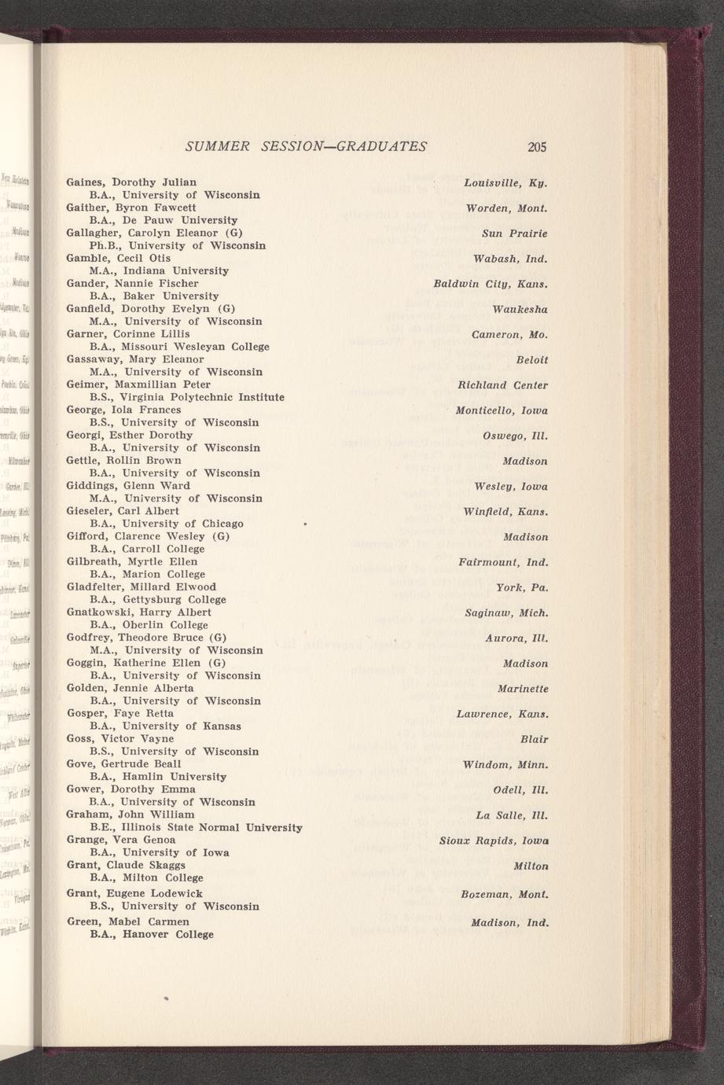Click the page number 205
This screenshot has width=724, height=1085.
click(x=537, y=146)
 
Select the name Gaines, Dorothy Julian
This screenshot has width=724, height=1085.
click(x=131, y=182)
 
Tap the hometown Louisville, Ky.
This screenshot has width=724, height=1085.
click(x=505, y=183)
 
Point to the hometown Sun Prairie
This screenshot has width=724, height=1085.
click(x=515, y=234)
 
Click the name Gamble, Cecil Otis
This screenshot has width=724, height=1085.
click(x=118, y=258)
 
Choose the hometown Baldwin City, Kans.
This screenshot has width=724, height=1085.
click(x=491, y=284)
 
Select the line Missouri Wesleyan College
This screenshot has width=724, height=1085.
click(x=180, y=347)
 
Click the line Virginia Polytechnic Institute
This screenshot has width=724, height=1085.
click(x=187, y=397)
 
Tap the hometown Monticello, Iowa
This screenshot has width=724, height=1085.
click(x=502, y=410)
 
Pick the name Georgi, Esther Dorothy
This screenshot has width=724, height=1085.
click(x=130, y=435)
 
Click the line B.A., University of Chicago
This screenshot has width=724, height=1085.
click(x=167, y=524)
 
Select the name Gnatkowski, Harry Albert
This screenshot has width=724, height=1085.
click(x=139, y=612)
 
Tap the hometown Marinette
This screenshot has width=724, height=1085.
click(x=523, y=689)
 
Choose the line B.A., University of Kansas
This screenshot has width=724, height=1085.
click(x=166, y=726)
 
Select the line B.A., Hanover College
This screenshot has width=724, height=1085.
click(x=152, y=934)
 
